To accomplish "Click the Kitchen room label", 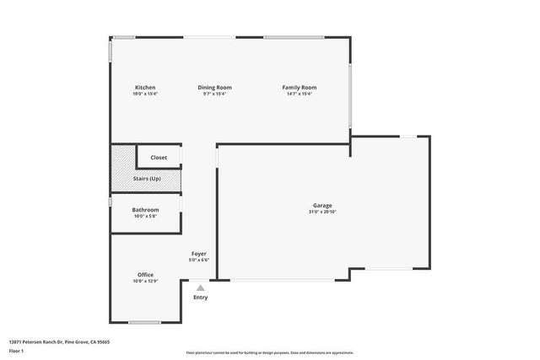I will (145, 88).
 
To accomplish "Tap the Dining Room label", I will (215, 88).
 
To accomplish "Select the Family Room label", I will (300, 88).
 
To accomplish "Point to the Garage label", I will (322, 206).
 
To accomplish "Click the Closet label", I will (159, 158).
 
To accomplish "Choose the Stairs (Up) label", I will (147, 179).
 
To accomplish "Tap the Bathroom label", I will (146, 211).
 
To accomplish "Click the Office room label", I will (145, 275).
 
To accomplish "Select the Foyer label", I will (199, 254).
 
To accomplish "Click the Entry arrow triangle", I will (200, 287).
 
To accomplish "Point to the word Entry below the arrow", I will (200, 298).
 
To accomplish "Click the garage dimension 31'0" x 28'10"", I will (322, 212).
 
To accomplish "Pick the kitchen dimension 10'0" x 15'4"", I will (145, 94).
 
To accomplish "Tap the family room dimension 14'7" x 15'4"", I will (300, 94).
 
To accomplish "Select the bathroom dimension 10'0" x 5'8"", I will (146, 217).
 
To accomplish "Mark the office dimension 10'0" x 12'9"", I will (145, 281).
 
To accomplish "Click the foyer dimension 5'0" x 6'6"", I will (199, 260).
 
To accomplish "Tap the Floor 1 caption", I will (16, 351).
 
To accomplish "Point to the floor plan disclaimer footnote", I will (270, 352).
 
